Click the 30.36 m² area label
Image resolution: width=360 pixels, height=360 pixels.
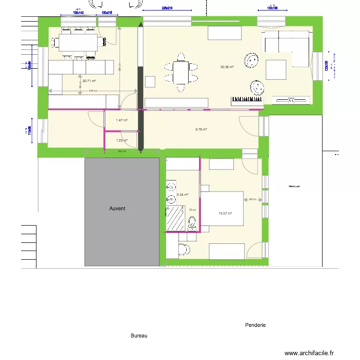pyautogui.click(x=227, y=67)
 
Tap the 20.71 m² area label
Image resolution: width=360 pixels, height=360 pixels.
pyautogui.click(x=89, y=81)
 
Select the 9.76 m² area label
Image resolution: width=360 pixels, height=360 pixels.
pyautogui.click(x=201, y=129)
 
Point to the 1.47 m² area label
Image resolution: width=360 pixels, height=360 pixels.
pyautogui.click(x=121, y=120)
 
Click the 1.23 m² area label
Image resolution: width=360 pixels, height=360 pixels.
pyautogui.click(x=121, y=140)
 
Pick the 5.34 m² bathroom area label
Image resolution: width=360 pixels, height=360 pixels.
pyautogui.click(x=182, y=195)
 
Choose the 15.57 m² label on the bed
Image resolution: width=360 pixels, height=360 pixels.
pyautogui.click(x=225, y=214)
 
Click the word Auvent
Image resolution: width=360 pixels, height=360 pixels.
pyautogui.click(x=117, y=208)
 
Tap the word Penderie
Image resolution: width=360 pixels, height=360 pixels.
pyautogui.click(x=255, y=325)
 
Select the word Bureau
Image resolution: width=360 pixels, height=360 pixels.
pyautogui.click(x=139, y=336)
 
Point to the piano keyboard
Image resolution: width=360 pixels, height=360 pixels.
pyautogui.click(x=247, y=101)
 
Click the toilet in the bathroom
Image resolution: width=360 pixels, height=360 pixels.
pyautogui.click(x=192, y=222)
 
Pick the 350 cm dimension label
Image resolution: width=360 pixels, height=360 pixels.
pyautogui.click(x=122, y=152)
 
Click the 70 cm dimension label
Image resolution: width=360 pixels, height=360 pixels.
pyautogui.click(x=192, y=210)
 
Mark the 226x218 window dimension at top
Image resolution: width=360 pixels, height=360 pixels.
pyautogui.click(x=167, y=8)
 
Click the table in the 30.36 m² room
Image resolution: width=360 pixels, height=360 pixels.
pyautogui.click(x=180, y=72)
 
